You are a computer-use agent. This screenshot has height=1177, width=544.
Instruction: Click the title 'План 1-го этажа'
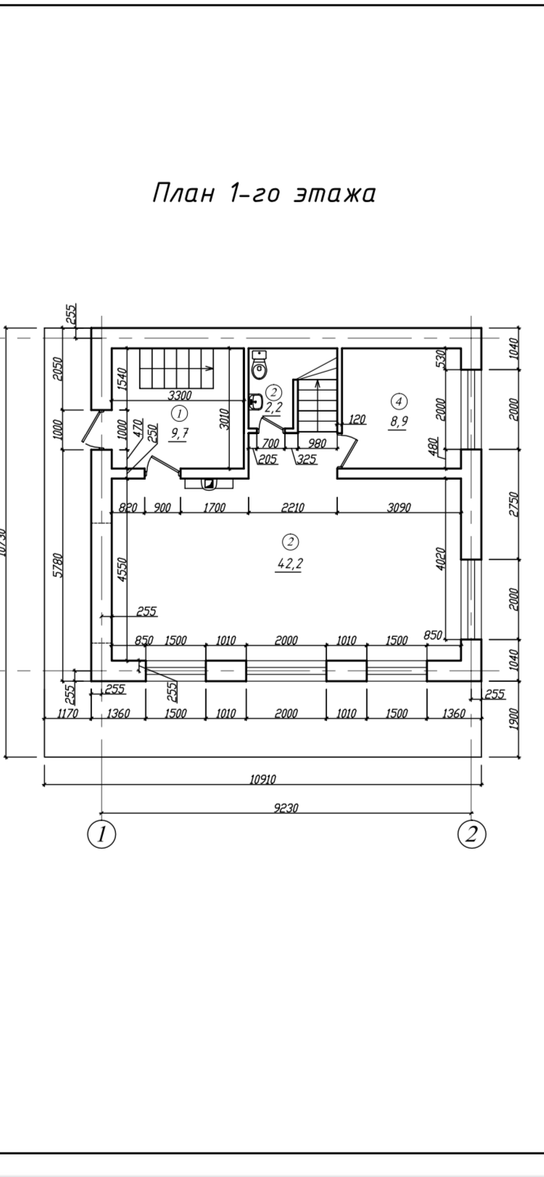tap(264, 194)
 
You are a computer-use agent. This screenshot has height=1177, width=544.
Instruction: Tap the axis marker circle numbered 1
tap(101, 833)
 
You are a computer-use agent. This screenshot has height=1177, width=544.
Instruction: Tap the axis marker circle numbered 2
tap(471, 833)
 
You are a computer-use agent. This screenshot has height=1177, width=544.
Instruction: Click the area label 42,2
tap(289, 565)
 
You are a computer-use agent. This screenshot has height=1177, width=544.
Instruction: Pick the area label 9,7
tap(180, 433)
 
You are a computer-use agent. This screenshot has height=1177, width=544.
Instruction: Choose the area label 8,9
tap(398, 423)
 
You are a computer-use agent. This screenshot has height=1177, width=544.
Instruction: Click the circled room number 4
tap(398, 400)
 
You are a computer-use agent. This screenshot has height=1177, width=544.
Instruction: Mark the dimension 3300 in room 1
tap(179, 396)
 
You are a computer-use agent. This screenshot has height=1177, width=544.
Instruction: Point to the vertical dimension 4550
tap(123, 571)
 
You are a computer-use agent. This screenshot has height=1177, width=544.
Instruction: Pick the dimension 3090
tap(398, 508)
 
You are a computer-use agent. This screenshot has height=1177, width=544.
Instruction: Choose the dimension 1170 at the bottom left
tap(67, 713)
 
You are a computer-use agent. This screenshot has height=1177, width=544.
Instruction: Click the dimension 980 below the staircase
tap(317, 444)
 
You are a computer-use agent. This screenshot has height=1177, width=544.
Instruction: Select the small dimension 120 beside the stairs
tap(356, 419)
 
